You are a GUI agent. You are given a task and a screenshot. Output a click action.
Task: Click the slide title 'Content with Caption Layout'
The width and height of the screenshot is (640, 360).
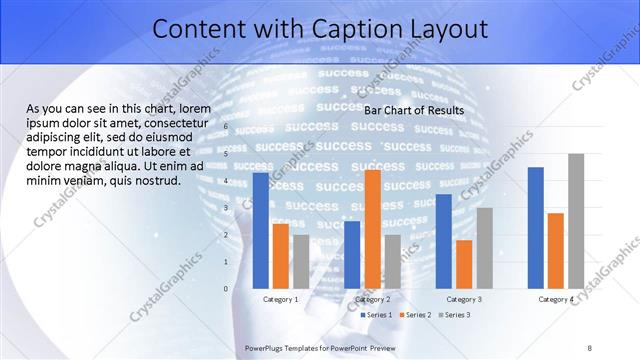[x=319, y=29]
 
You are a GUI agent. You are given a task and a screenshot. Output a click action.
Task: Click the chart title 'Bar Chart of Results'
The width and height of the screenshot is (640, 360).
[x=413, y=110]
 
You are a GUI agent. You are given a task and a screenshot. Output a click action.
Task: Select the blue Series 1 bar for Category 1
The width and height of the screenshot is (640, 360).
[x=261, y=230]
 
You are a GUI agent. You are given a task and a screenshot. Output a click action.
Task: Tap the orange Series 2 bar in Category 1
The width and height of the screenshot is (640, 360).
[x=281, y=256]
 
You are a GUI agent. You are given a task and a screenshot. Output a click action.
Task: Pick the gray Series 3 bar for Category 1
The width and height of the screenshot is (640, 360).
[x=301, y=261]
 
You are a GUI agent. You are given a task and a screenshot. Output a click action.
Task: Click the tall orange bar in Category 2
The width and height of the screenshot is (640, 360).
[x=372, y=229]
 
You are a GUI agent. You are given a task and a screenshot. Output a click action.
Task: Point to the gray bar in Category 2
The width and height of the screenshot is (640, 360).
[x=392, y=261]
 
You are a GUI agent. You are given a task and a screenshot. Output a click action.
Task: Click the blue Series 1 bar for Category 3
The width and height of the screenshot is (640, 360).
[x=443, y=241]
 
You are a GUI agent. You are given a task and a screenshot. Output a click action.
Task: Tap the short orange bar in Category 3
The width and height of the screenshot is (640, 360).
[x=463, y=264]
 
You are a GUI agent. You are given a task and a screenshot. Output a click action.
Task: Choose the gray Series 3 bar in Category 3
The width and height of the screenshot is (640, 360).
[x=484, y=248]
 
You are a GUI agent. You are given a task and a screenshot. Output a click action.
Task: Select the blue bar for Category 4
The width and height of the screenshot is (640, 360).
[x=535, y=227]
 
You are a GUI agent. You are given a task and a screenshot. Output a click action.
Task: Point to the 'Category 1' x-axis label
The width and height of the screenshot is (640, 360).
[x=281, y=299]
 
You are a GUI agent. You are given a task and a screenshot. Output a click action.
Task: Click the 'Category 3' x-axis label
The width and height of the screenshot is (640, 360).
[x=463, y=299]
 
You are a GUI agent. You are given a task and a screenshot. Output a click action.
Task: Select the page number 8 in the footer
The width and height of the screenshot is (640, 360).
[x=589, y=347]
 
